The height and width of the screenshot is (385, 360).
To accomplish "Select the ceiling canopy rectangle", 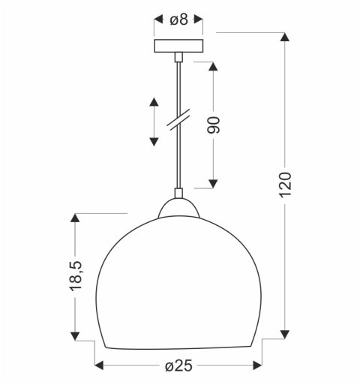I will click(178, 46).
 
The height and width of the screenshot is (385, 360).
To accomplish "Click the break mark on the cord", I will click(178, 122).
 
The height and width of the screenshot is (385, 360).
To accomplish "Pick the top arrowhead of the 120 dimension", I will click(284, 38).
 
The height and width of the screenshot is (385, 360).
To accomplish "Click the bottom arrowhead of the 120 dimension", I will click(284, 334).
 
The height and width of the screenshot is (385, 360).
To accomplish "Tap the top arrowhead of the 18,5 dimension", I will click(75, 218).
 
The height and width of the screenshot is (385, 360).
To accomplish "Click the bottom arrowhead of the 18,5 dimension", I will click(75, 335).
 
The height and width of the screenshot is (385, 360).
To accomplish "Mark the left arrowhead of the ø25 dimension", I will click(99, 365).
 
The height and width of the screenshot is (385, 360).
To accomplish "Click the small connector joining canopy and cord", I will click(178, 57).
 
